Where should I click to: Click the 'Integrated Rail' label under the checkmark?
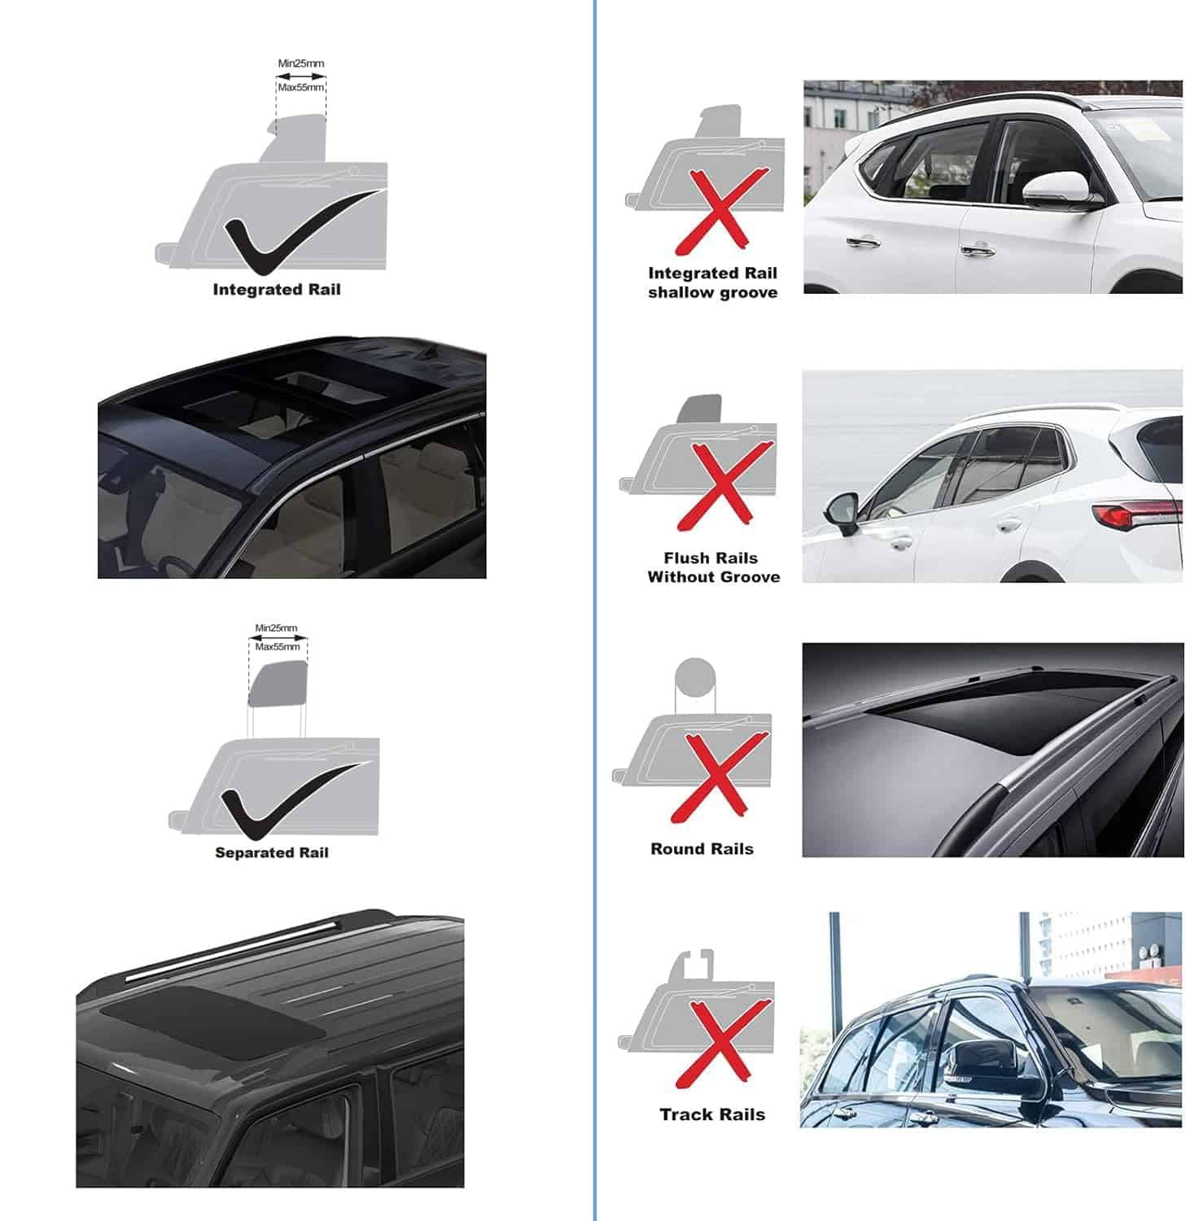click(x=276, y=290)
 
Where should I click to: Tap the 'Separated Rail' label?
click(x=271, y=852)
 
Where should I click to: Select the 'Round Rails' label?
click(x=702, y=849)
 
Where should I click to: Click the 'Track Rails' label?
click(x=712, y=1114)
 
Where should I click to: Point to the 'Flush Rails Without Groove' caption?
click(x=713, y=567)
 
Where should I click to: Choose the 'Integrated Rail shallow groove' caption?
click(x=712, y=282)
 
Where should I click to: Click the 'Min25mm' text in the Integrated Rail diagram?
click(x=300, y=63)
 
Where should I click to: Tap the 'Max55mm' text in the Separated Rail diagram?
click(x=278, y=647)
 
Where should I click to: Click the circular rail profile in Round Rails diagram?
click(x=695, y=678)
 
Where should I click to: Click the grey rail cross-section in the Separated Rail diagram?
click(x=278, y=685)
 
